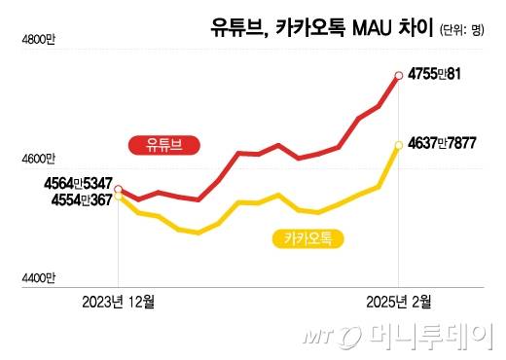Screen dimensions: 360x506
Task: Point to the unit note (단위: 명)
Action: pyautogui.click(x=456, y=29)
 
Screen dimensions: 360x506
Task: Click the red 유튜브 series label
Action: pyautogui.click(x=164, y=146)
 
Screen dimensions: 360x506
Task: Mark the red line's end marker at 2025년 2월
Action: pyautogui.click(x=398, y=74)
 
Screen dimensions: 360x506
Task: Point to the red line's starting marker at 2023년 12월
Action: pyautogui.click(x=119, y=190)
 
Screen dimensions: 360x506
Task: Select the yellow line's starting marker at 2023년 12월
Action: pyautogui.click(x=119, y=198)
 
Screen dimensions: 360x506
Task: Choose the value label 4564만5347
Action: pyautogui.click(x=77, y=183)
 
